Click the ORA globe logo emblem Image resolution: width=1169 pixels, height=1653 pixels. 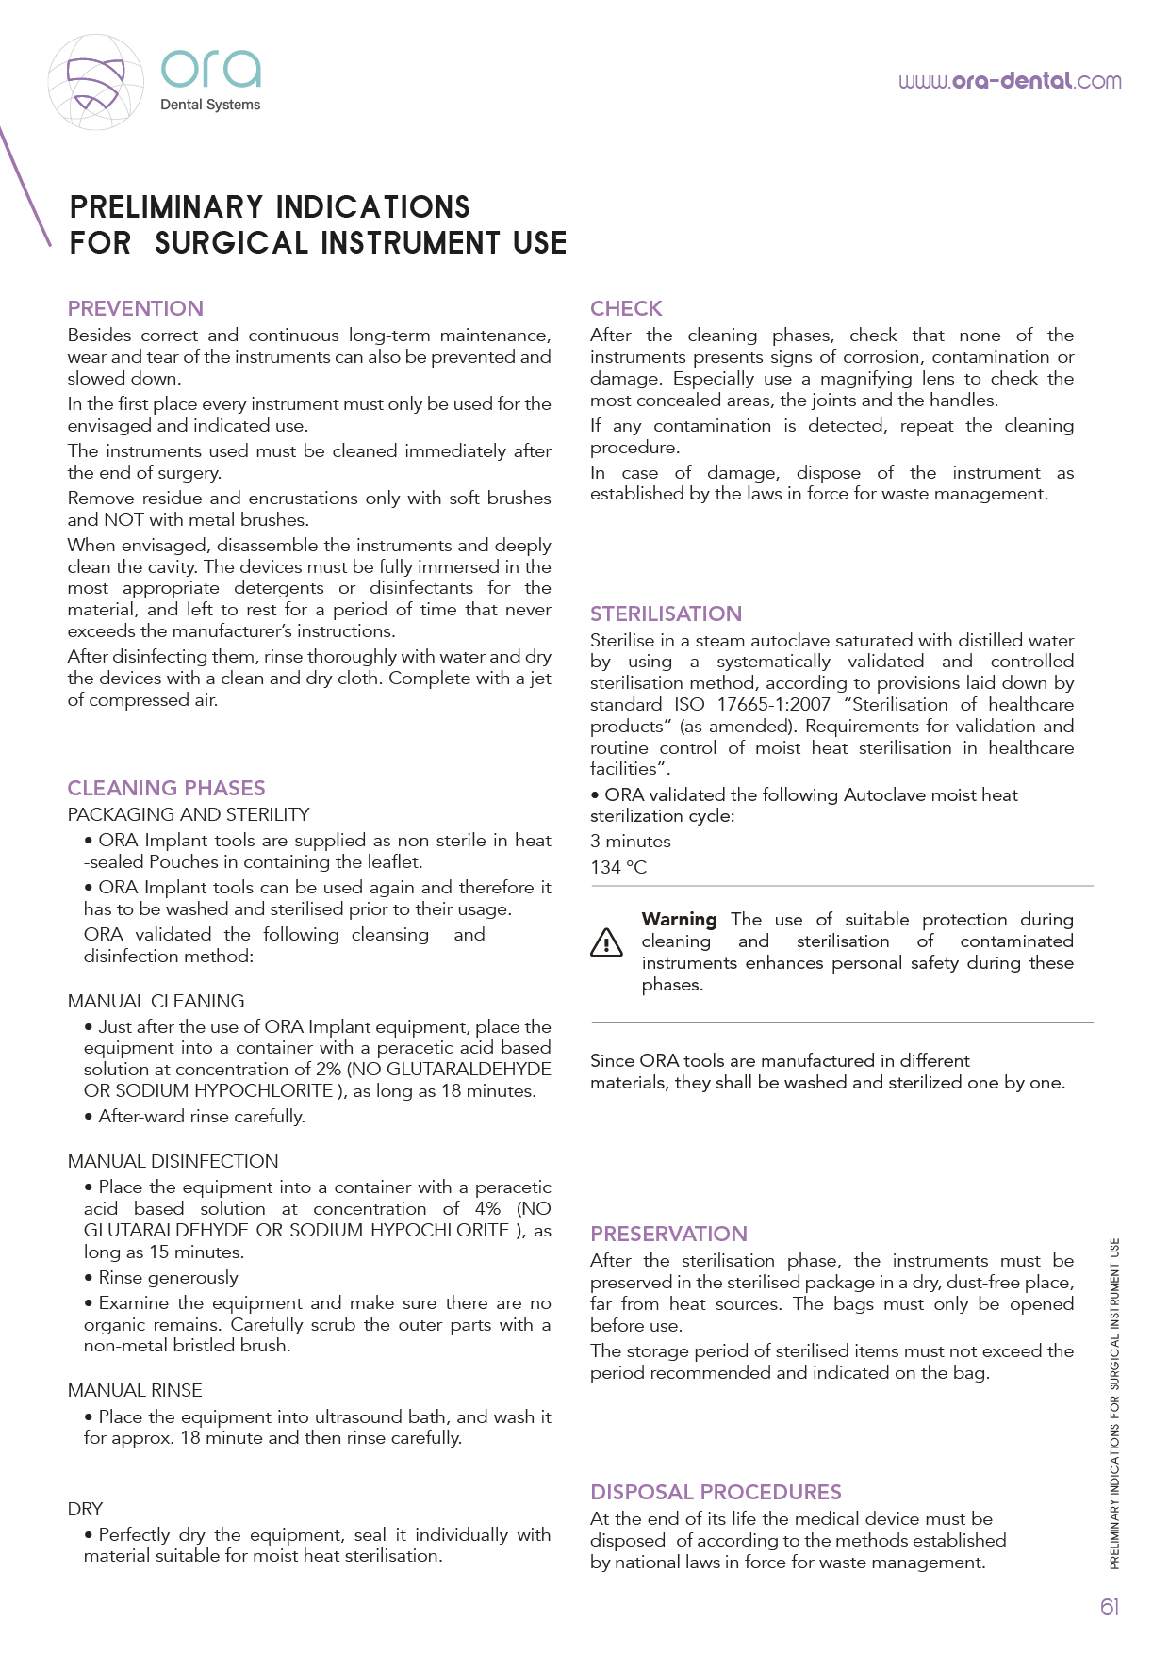pos(96,83)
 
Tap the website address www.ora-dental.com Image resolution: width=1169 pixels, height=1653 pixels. pos(1010,81)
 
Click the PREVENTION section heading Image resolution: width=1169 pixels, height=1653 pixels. pos(136,308)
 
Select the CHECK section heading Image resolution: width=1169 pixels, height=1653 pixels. pos(626,308)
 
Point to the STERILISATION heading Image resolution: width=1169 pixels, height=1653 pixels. pos(666,614)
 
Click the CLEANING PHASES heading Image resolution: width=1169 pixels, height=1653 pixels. pos(166,788)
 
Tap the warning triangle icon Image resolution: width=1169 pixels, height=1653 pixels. pos(606,942)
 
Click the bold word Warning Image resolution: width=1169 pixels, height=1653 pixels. pos(679,919)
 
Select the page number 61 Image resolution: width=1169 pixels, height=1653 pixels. pos(1110,1607)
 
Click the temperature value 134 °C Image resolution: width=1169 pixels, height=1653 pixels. pos(618,867)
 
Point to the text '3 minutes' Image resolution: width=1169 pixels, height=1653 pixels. pos(631,841)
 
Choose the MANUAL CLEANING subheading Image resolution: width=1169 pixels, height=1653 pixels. pos(156,1001)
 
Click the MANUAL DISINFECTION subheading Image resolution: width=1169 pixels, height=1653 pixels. pos(173,1161)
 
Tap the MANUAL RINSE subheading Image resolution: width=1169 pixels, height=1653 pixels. pos(135,1390)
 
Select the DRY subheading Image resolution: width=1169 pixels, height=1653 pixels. pos(85,1509)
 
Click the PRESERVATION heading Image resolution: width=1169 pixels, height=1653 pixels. pos(668,1234)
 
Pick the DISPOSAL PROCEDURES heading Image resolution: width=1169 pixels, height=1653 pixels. pos(716,1492)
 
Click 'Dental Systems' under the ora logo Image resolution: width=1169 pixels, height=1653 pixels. pos(210,105)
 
